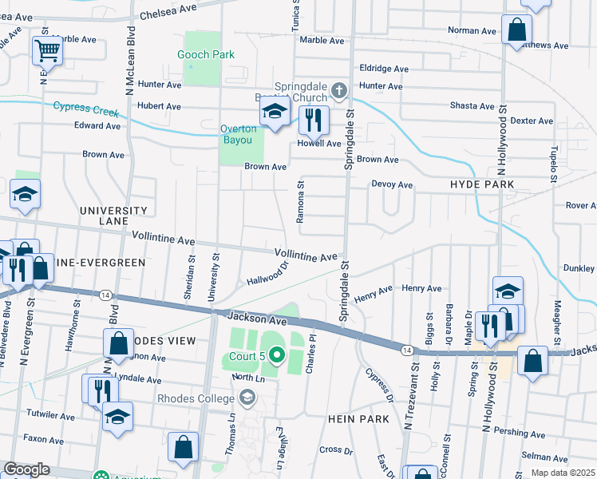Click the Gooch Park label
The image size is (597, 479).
click(x=207, y=54)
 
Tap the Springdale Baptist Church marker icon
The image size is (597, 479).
click(x=339, y=90)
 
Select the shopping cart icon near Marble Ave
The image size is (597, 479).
click(x=47, y=52)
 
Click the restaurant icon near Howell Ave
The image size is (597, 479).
click(x=313, y=120)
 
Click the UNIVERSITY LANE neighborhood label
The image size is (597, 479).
click(x=113, y=216)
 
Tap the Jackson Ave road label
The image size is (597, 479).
click(x=255, y=318)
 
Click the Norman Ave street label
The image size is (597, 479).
click(x=472, y=30)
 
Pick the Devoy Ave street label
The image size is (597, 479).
click(x=392, y=184)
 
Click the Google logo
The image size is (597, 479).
click(x=26, y=469)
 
